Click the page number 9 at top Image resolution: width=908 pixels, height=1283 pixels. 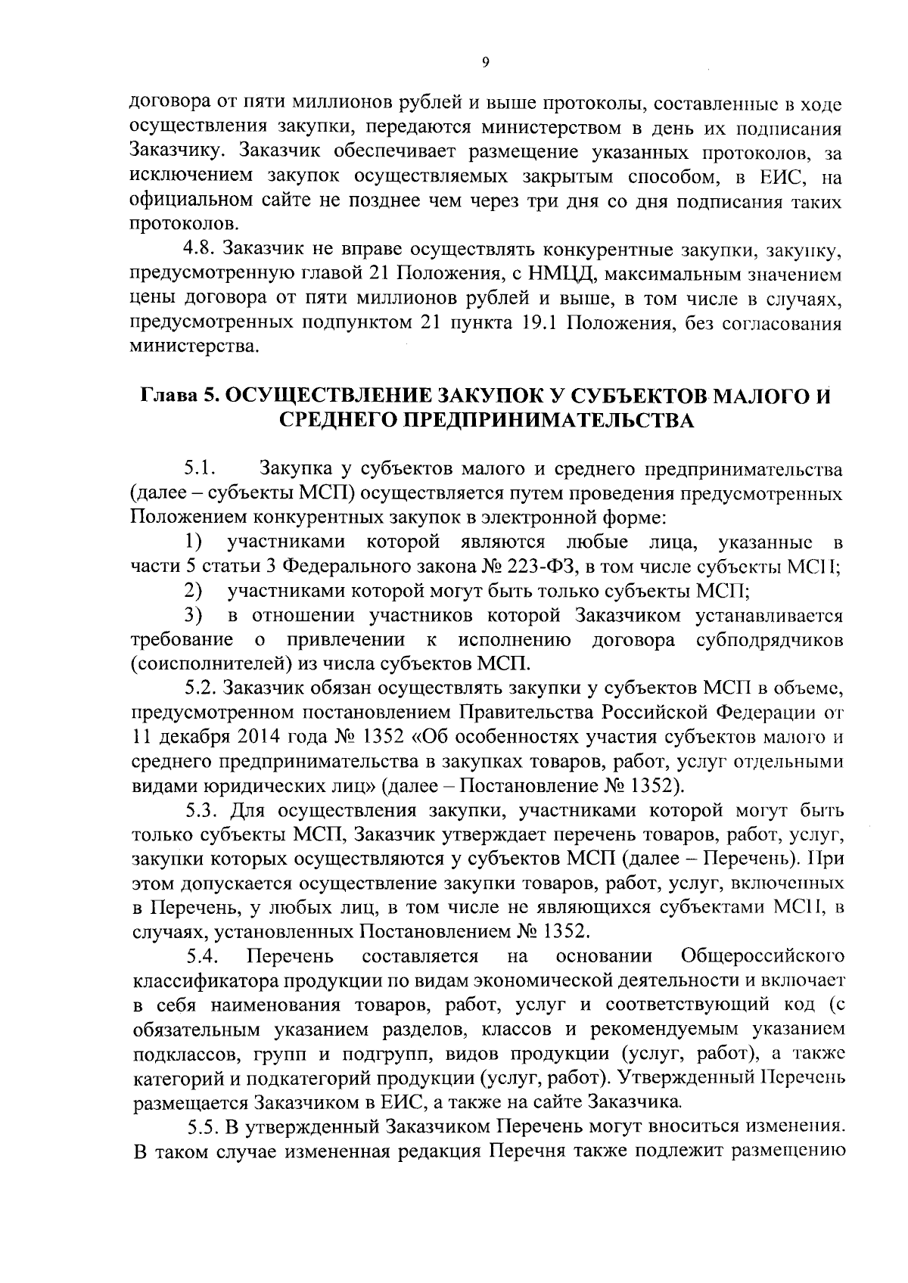pyautogui.click(x=484, y=64)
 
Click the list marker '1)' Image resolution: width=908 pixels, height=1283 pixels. pyautogui.click(x=194, y=542)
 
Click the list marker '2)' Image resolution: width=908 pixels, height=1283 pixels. pyautogui.click(x=194, y=590)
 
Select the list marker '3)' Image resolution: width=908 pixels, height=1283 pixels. pyautogui.click(x=194, y=615)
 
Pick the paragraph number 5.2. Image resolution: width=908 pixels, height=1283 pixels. pyautogui.click(x=203, y=688)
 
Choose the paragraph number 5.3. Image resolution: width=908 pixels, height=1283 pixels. pyautogui.click(x=203, y=811)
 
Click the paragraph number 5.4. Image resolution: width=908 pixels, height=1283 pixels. pyautogui.click(x=203, y=956)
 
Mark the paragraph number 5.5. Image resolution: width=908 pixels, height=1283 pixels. pyautogui.click(x=203, y=1127)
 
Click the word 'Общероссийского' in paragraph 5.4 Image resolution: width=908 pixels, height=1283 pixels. pyautogui.click(x=763, y=956)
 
